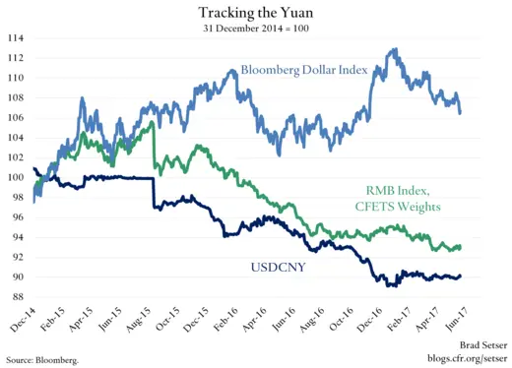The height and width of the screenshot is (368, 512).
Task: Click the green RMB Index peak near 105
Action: click(x=151, y=124)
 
